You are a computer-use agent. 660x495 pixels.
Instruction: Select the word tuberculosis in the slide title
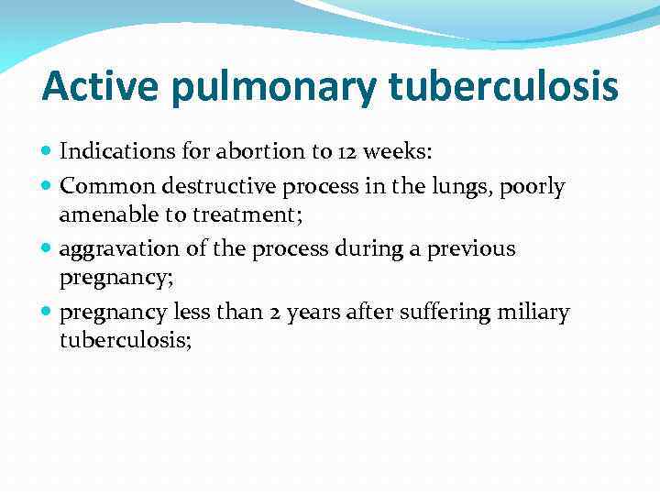tap(502, 87)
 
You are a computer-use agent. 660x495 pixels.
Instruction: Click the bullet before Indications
tap(48, 150)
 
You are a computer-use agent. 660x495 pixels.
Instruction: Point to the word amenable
tap(102, 214)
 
